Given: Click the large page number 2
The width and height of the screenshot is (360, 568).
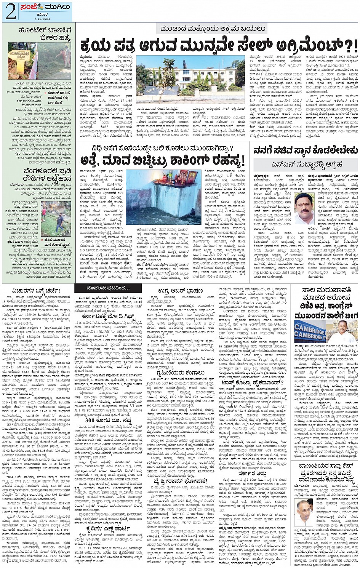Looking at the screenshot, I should [x=11, y=12].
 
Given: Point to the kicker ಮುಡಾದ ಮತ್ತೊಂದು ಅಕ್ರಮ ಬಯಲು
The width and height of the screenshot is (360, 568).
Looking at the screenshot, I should [x=213, y=29].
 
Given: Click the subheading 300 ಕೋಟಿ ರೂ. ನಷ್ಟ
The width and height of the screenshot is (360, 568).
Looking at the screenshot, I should [x=102, y=420].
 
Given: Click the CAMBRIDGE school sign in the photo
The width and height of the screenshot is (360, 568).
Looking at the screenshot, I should [x=310, y=332].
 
